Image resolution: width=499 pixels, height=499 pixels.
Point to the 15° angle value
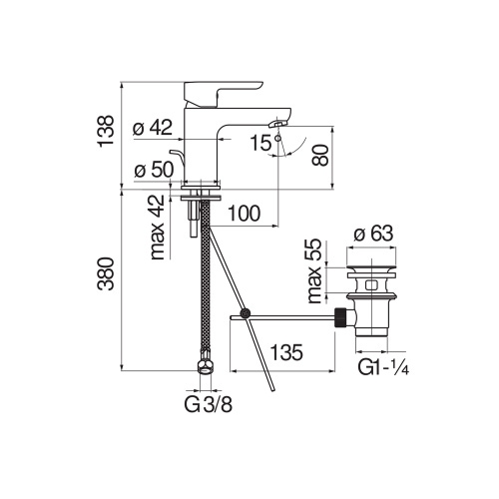[x=260, y=143]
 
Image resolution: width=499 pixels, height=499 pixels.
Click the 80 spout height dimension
[x=319, y=156]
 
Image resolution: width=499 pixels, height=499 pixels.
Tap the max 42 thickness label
[x=156, y=228]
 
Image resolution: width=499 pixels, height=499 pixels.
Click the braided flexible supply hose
[x=206, y=279]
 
